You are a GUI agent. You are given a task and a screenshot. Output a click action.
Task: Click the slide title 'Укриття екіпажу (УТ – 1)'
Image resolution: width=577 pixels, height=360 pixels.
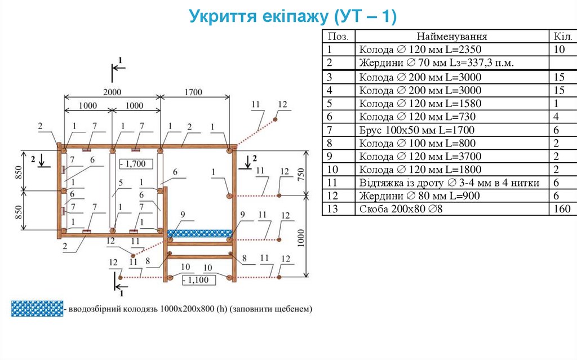tap(293, 16)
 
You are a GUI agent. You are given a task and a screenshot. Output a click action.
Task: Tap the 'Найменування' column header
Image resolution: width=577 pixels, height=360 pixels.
tap(452, 37)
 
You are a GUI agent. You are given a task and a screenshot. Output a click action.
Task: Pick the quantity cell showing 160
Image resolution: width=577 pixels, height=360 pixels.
tap(562, 210)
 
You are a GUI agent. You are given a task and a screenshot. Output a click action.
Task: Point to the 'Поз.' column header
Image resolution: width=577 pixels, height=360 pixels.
tap(338, 37)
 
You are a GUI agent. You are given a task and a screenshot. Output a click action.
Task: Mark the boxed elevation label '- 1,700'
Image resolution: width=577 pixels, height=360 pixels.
tap(133, 165)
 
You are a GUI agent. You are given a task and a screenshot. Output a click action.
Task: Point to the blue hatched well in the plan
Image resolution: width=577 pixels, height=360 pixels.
tap(201, 233)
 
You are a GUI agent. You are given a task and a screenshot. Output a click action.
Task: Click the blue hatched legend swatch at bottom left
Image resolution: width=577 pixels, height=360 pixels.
tap(37, 309)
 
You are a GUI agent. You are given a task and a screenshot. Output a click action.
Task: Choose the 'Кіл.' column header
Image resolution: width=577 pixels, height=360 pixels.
tap(562, 37)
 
